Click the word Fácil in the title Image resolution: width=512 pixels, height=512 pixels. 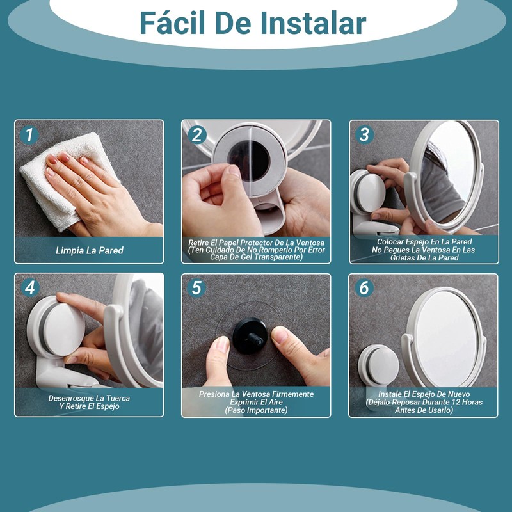pyautogui.click(x=172, y=23)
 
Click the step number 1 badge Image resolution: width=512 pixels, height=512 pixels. pyautogui.click(x=29, y=135)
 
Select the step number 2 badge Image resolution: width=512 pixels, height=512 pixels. pyautogui.click(x=197, y=135)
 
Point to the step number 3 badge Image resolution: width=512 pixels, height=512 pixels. pyautogui.click(x=364, y=134)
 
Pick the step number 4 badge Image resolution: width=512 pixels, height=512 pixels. pyautogui.click(x=30, y=288)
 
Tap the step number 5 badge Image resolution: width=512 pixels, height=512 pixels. pyautogui.click(x=196, y=288)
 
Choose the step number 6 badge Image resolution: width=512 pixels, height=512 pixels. pyautogui.click(x=364, y=288)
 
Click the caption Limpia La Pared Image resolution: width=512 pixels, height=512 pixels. pyautogui.click(x=90, y=250)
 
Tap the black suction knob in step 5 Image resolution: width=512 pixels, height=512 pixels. pyautogui.click(x=250, y=335)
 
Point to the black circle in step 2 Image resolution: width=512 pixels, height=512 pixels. pyautogui.click(x=249, y=161)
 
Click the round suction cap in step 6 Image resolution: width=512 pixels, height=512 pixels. pyautogui.click(x=379, y=364)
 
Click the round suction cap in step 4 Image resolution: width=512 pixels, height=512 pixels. pyautogui.click(x=56, y=326)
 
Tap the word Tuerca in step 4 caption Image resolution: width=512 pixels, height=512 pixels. pyautogui.click(x=118, y=398)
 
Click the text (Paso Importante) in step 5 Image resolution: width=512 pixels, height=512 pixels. pyautogui.click(x=257, y=410)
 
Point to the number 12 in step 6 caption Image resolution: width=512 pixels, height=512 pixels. pyautogui.click(x=457, y=403)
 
